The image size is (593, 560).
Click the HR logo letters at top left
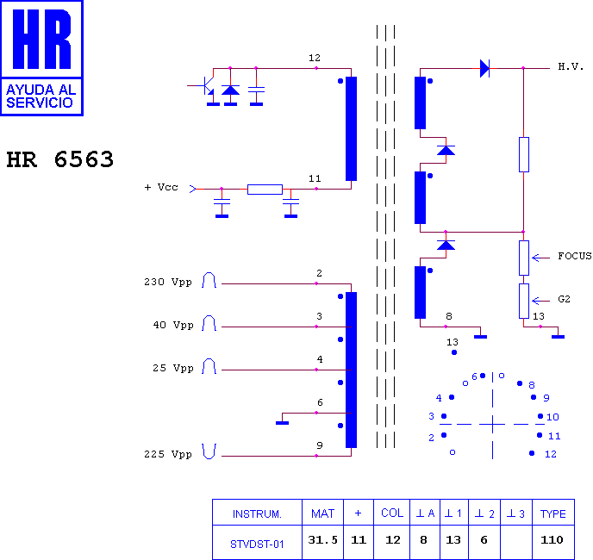(x=41, y=39)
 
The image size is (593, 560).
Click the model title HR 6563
(x=60, y=159)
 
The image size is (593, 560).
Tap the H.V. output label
(x=571, y=67)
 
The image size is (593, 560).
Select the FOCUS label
(x=575, y=256)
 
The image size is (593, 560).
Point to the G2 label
(x=564, y=299)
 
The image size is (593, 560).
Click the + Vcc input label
(x=161, y=187)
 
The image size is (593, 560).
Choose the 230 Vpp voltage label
(x=168, y=282)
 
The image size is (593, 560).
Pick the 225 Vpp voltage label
(x=168, y=454)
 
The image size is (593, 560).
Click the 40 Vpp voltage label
(x=173, y=325)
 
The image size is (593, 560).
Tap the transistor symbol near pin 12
(x=204, y=87)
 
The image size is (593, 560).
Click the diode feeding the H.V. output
(x=484, y=68)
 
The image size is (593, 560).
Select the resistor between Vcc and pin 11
(x=265, y=190)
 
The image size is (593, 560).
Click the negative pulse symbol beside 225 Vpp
(x=209, y=451)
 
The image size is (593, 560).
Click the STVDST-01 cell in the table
(x=257, y=544)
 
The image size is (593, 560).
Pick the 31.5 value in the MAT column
(x=322, y=539)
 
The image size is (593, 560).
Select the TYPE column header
(x=552, y=513)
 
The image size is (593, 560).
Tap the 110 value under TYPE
(x=552, y=539)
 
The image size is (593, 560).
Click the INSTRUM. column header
(x=257, y=514)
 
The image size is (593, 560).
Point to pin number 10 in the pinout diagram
(x=552, y=417)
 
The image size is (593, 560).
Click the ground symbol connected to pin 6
(x=282, y=423)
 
